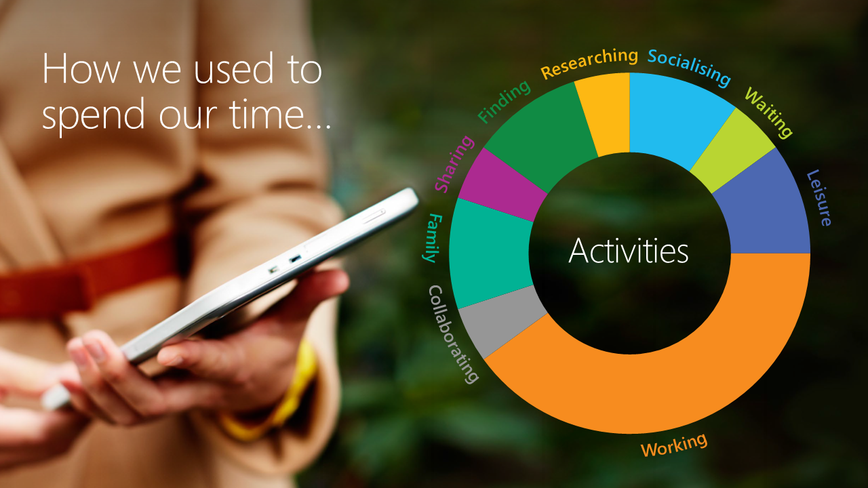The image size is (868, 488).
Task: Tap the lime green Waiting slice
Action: [x=732, y=151]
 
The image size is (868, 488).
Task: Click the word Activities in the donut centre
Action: [x=629, y=251]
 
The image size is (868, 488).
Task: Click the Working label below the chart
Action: [x=674, y=445]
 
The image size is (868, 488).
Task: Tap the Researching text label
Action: [x=589, y=63]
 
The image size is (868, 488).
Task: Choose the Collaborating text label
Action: [x=452, y=335]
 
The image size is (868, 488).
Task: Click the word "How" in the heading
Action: [x=81, y=69]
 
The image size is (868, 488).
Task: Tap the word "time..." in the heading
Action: [x=280, y=114]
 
